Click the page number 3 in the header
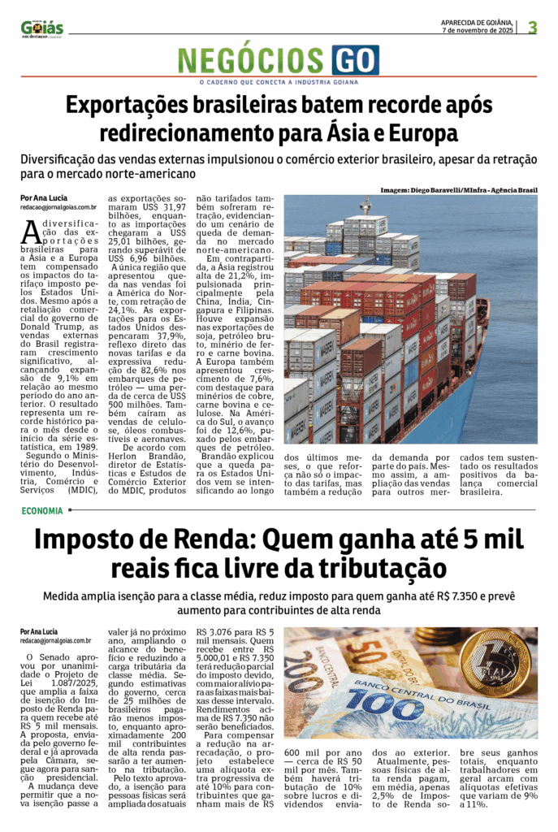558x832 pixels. [533, 27]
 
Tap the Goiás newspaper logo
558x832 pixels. [42, 28]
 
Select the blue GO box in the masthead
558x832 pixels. [355, 61]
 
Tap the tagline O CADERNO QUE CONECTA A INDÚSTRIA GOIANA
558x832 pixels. [279, 82]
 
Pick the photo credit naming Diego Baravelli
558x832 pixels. [459, 190]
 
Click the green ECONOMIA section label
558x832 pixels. [44, 511]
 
